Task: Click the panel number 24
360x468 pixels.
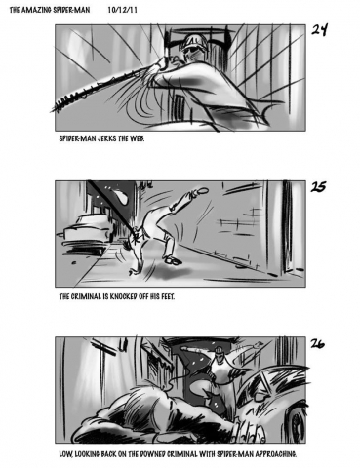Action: click(319, 30)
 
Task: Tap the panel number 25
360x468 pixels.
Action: click(318, 186)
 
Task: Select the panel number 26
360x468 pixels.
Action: click(317, 343)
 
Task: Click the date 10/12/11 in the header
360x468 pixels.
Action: click(122, 10)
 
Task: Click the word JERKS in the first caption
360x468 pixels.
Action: click(106, 138)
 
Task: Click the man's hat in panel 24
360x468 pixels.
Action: click(194, 41)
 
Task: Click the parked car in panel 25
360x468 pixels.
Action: click(85, 231)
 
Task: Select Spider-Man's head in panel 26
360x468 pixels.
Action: click(220, 352)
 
